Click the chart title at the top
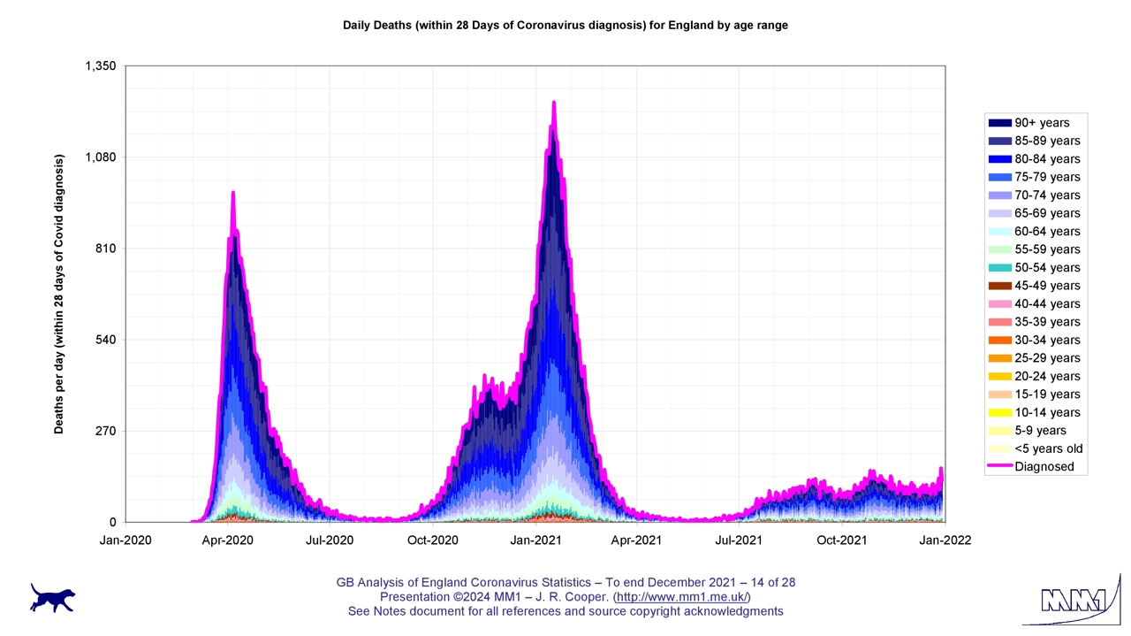565,26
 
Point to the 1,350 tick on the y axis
102,66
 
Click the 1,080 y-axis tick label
102,157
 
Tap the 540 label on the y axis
109,340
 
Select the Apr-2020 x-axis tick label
228,540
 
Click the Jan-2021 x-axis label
534,540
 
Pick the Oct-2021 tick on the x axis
841,540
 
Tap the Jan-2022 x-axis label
945,540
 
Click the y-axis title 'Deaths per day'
59,294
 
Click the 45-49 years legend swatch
1000,286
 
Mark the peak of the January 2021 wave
554,103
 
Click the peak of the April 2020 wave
232,192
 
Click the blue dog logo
52,597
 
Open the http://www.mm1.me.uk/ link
682,597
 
